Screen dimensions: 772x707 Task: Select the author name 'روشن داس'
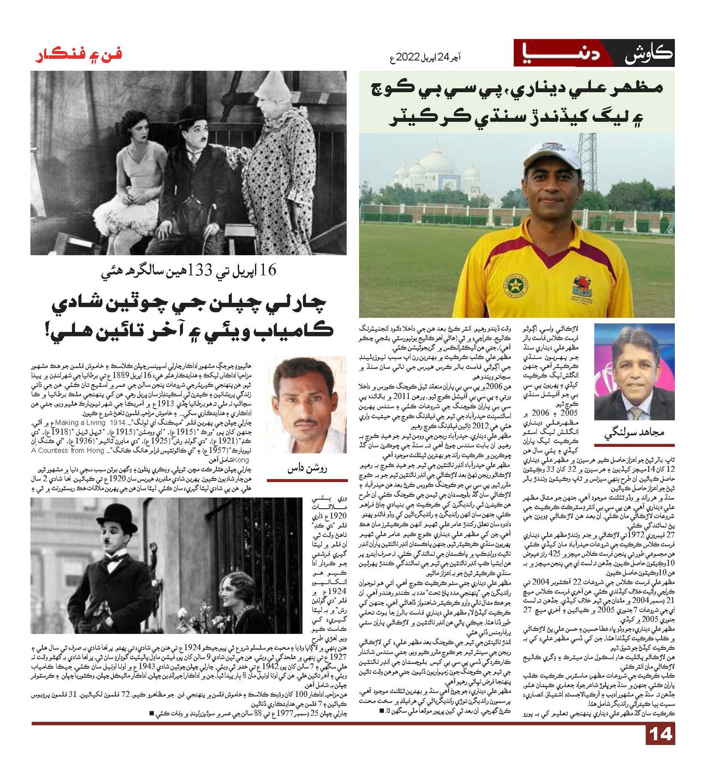(x=306, y=469)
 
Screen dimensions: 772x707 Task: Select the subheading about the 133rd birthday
(x=189, y=271)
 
